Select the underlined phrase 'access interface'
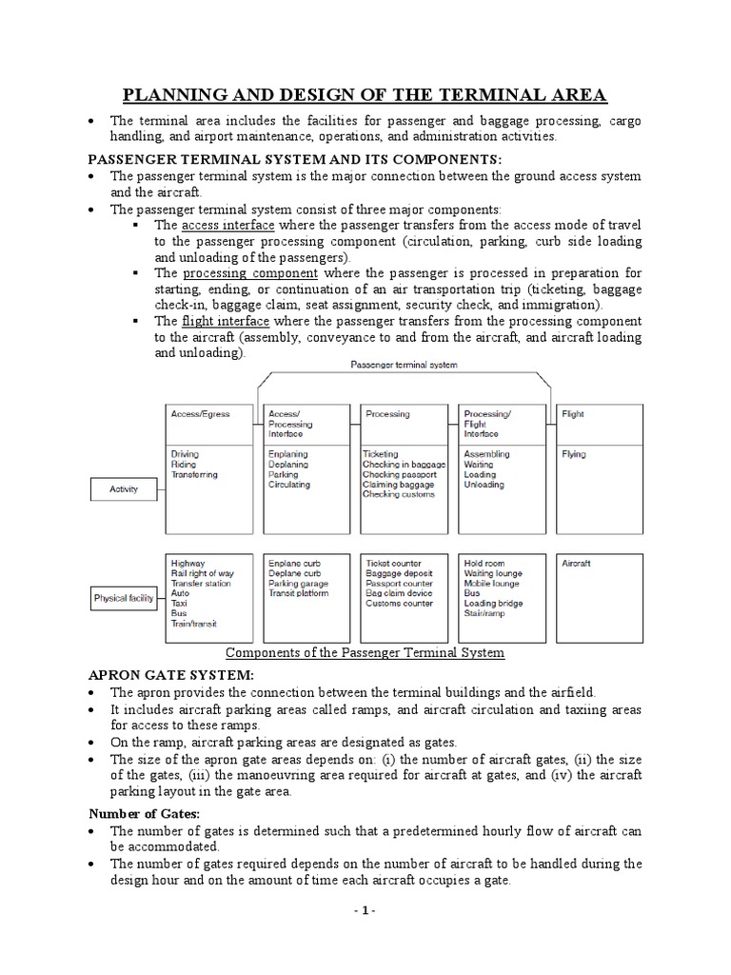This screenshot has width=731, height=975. point(227,225)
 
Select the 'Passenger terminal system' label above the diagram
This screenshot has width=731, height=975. point(403,365)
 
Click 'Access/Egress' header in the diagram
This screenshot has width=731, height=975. point(200,414)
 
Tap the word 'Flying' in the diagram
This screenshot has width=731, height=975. point(574,455)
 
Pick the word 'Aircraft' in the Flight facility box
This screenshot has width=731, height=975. point(577,564)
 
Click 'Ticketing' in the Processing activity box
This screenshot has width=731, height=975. point(381,455)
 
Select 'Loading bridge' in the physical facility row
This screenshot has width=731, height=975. point(495,604)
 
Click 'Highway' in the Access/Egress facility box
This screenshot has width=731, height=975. point(188,564)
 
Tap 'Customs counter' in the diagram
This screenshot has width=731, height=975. point(400,604)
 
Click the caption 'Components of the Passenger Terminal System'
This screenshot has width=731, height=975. point(365,653)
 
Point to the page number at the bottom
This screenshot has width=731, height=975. point(365,910)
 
